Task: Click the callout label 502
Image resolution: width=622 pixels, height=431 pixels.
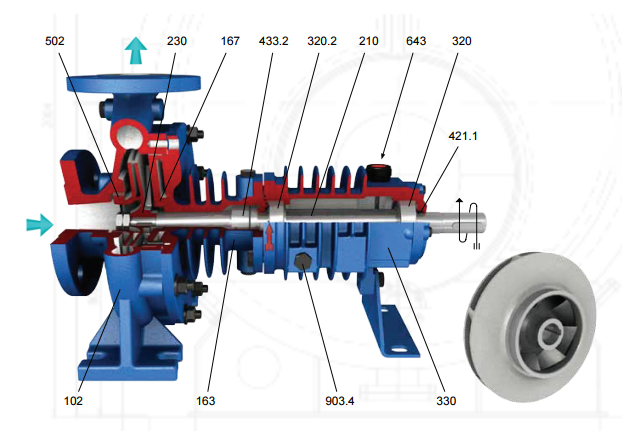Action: coord(55,41)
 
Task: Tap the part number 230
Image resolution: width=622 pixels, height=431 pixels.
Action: coord(177,41)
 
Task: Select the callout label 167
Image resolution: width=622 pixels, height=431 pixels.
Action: coord(230,41)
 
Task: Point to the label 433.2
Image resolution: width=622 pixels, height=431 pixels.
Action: coord(273,41)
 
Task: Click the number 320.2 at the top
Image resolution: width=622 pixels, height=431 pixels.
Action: coord(322,41)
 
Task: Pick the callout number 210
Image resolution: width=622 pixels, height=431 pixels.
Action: coord(369,41)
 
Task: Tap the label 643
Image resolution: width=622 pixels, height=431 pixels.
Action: coord(416,41)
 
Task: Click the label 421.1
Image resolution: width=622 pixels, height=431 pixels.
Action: coord(463,136)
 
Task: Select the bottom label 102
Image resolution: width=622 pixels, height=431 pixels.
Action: coord(73,401)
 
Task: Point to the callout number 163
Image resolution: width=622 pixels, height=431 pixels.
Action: coord(205,401)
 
